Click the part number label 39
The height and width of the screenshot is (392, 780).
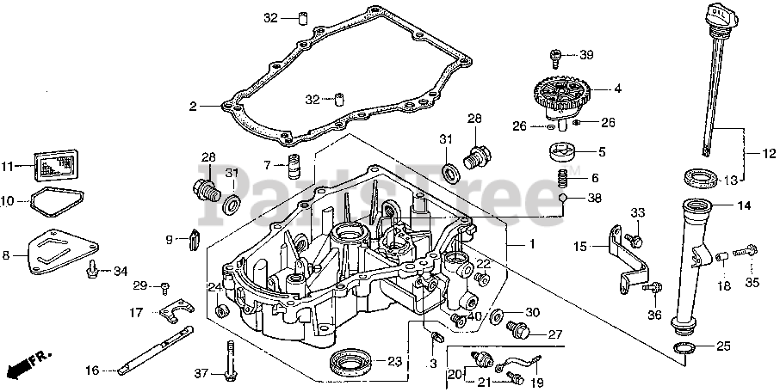click(x=586, y=56)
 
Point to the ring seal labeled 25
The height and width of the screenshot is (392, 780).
click(x=687, y=347)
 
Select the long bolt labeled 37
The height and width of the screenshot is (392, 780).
click(x=228, y=362)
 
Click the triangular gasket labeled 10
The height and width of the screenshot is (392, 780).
click(x=57, y=203)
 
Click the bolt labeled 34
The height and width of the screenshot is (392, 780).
click(x=91, y=272)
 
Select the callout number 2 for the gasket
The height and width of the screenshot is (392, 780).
click(x=194, y=107)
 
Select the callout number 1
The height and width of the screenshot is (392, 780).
click(x=531, y=245)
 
